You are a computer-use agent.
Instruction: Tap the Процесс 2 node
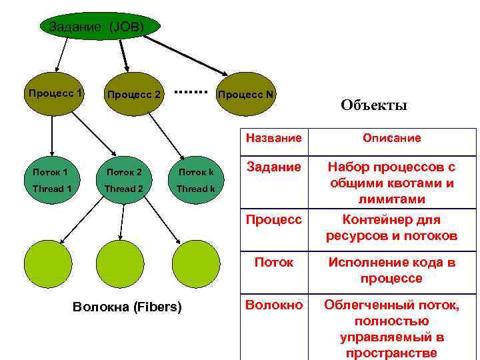click(134, 95)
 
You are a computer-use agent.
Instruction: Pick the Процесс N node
click(247, 95)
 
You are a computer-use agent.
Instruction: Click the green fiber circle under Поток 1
click(48, 263)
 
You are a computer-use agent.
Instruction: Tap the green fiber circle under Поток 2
click(121, 263)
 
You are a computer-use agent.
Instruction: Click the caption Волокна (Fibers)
click(126, 307)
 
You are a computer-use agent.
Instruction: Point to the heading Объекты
click(373, 105)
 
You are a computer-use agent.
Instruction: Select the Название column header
click(273, 138)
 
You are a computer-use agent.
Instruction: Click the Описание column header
click(392, 138)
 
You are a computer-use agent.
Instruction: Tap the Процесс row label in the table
click(273, 219)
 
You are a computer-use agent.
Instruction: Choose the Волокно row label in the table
click(273, 305)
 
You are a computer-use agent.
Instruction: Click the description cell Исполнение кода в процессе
click(392, 270)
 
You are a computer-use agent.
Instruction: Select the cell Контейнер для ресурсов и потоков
click(392, 227)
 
